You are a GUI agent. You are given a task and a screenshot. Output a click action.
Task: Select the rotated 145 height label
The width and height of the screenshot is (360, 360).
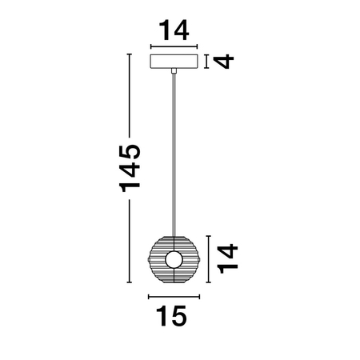129,167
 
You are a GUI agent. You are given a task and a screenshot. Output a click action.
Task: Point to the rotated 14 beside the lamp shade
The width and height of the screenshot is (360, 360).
227,257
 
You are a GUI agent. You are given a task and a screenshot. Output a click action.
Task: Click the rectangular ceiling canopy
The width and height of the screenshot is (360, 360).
174,62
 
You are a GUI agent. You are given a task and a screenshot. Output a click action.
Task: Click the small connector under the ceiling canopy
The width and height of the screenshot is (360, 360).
173,73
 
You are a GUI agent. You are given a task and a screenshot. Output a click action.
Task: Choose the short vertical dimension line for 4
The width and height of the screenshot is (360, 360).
207,61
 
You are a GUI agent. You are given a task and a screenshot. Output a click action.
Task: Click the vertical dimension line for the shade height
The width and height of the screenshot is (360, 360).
209,258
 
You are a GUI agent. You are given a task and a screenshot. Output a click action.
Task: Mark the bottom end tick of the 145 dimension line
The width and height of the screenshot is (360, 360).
130,282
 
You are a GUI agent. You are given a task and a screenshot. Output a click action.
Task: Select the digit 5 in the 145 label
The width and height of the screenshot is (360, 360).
129,150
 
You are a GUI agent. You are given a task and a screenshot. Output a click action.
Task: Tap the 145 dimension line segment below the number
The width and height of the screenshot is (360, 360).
130,240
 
